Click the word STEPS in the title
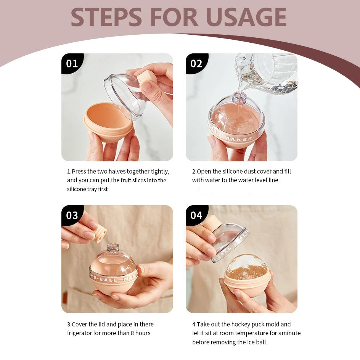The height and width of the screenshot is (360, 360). pos(106,17)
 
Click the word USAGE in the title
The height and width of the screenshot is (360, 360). pos(246,17)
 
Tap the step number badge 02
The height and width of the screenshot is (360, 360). pos(197,64)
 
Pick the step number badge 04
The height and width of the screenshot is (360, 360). pos(197,215)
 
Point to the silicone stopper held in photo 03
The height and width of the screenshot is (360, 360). pos(100,235)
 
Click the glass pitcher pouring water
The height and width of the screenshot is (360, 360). pos(266,74)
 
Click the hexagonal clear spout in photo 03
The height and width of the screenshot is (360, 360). pos(113,248)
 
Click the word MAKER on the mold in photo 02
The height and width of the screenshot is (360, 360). pos(238,139)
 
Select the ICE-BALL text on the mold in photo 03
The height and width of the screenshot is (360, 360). pos(105,279)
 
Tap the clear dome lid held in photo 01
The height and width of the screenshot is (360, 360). pos(125,96)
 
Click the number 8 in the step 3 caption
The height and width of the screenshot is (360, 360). pos(132,333)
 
